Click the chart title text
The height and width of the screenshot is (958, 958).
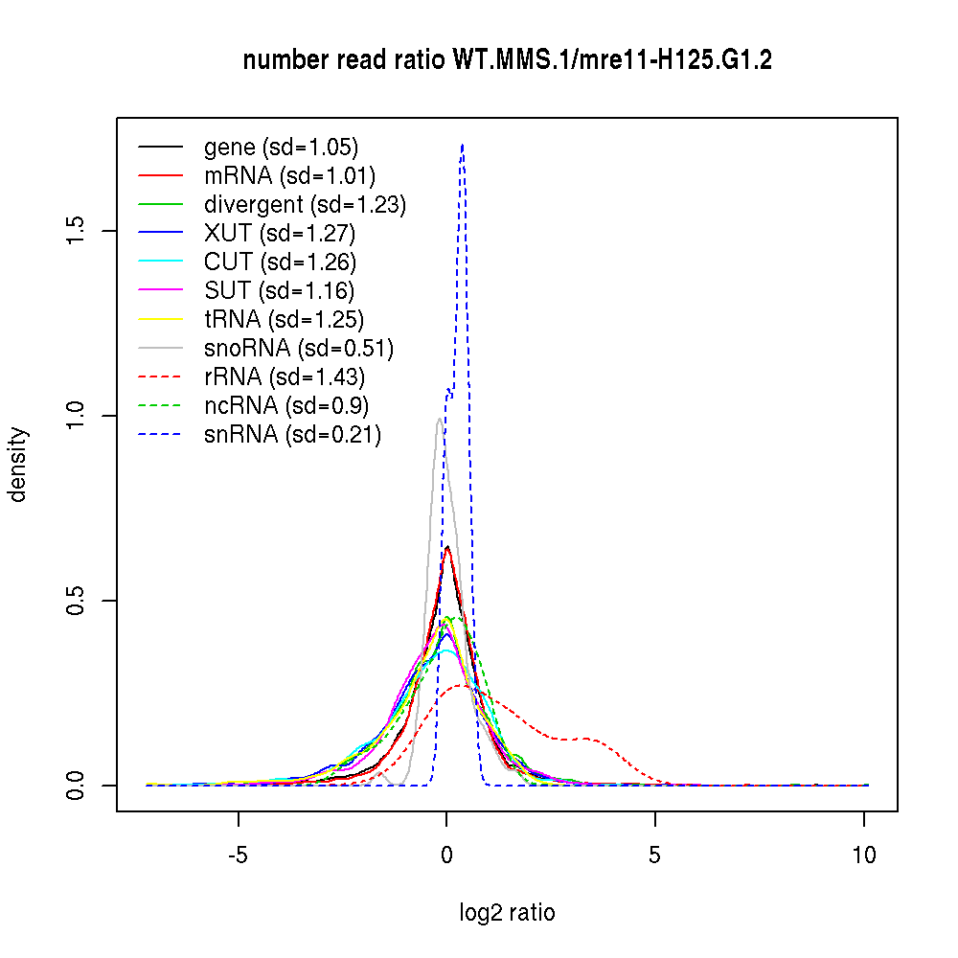tap(508, 61)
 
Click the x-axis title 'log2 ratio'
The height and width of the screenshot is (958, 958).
tap(507, 913)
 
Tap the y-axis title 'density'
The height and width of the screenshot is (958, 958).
tap(18, 464)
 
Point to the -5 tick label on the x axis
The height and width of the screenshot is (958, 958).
tap(239, 855)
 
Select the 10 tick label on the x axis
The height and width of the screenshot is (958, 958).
tap(864, 855)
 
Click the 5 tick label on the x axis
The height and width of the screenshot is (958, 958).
tap(655, 855)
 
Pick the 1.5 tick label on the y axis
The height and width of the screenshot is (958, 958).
tap(77, 231)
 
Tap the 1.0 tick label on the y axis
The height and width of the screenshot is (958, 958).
tap(77, 416)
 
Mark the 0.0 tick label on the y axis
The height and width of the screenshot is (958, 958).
tap(77, 786)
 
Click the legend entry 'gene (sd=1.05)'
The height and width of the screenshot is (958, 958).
tap(281, 148)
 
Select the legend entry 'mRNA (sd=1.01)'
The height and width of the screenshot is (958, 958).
tap(289, 176)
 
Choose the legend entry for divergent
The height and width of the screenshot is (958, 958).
tap(305, 205)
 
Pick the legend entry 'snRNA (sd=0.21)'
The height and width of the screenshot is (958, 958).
tap(292, 435)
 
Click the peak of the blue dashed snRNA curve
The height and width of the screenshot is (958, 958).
tap(462, 145)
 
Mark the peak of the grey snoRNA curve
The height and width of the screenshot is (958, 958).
tap(439, 418)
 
